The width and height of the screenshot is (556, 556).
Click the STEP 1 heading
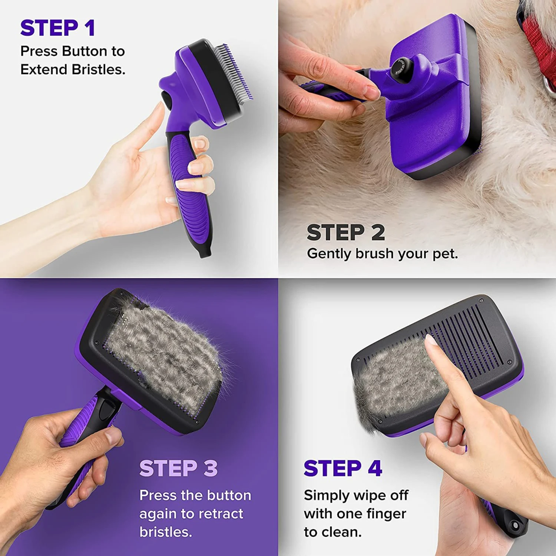click(57, 28)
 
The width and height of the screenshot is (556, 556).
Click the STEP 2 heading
click(346, 232)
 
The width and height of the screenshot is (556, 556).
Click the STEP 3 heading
click(178, 468)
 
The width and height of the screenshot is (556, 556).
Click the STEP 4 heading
click(343, 468)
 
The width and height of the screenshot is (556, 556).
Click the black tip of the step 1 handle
click(205, 252)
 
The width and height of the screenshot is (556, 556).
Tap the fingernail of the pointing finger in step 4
click(431, 340)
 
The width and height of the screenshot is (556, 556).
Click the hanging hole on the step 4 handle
click(515, 525)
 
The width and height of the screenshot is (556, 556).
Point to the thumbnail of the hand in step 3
click(113, 436)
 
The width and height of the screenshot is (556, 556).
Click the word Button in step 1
click(84, 51)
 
